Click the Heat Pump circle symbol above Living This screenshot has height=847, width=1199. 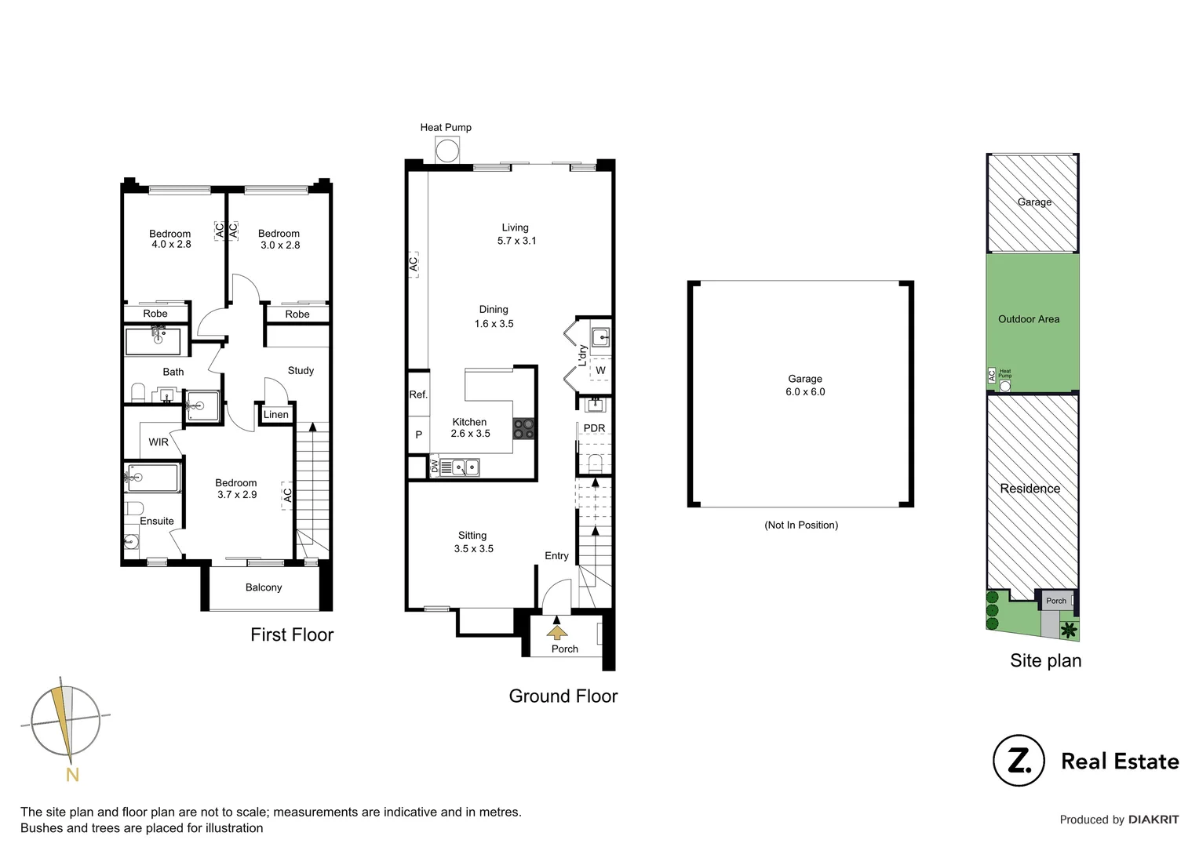(447, 150)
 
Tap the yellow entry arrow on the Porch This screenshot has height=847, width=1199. (557, 632)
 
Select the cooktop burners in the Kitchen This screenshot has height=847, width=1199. (524, 429)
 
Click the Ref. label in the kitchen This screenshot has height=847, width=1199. (418, 394)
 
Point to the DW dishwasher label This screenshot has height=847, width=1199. (435, 467)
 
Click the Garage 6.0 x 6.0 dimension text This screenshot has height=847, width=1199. (805, 392)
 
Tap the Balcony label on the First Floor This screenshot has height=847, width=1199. (264, 587)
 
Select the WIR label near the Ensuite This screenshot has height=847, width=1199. (159, 442)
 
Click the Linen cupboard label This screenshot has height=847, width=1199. (276, 415)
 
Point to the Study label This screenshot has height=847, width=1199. (301, 371)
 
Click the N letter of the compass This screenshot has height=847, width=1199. (72, 776)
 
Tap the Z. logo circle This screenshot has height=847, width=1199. (1019, 761)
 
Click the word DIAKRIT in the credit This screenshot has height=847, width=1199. (1153, 820)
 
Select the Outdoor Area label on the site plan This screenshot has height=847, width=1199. (1029, 319)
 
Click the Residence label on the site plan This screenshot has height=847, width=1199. (1030, 489)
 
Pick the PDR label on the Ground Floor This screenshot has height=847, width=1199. (594, 428)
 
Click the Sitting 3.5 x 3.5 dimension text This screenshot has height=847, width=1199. (474, 549)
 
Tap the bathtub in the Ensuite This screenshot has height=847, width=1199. (153, 478)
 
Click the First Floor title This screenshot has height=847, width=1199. (292, 635)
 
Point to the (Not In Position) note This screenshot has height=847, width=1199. (801, 525)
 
